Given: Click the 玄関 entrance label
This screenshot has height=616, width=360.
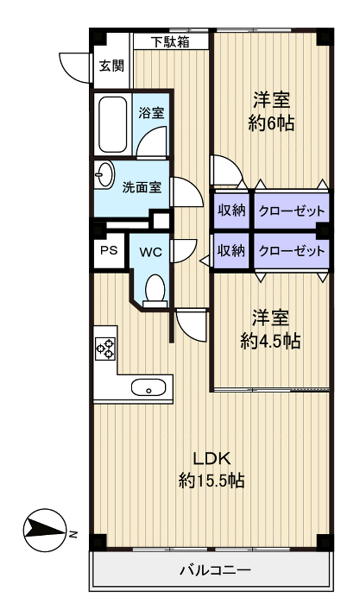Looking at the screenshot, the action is [x=111, y=66].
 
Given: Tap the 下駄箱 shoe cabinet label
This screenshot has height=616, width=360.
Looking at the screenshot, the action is [x=171, y=41].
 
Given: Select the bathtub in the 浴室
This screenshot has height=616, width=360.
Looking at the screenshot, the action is [x=112, y=124].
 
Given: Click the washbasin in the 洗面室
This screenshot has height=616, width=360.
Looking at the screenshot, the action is [x=104, y=174].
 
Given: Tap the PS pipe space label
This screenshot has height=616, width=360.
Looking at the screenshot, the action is [x=109, y=250].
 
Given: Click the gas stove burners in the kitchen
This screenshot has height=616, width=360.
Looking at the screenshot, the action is [x=105, y=348].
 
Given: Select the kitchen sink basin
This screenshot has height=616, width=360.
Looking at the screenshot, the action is [x=148, y=387].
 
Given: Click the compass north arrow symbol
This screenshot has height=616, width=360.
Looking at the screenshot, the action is [x=44, y=532].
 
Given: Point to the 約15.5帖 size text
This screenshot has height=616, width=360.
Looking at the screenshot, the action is [x=212, y=480].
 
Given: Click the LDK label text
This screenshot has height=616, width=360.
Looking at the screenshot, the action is [x=211, y=458].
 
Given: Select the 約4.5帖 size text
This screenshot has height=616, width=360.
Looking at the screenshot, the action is [x=270, y=342].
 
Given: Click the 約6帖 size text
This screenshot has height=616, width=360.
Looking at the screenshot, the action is [x=271, y=123].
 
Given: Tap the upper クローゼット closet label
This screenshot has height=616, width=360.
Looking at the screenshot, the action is [x=292, y=211].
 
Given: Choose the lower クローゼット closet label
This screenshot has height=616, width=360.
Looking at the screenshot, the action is [x=292, y=250].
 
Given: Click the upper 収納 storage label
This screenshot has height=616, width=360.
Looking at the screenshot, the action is [x=231, y=211].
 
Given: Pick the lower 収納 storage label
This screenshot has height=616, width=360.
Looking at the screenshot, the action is [x=231, y=250].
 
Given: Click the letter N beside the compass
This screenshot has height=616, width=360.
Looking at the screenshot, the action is [x=73, y=534].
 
